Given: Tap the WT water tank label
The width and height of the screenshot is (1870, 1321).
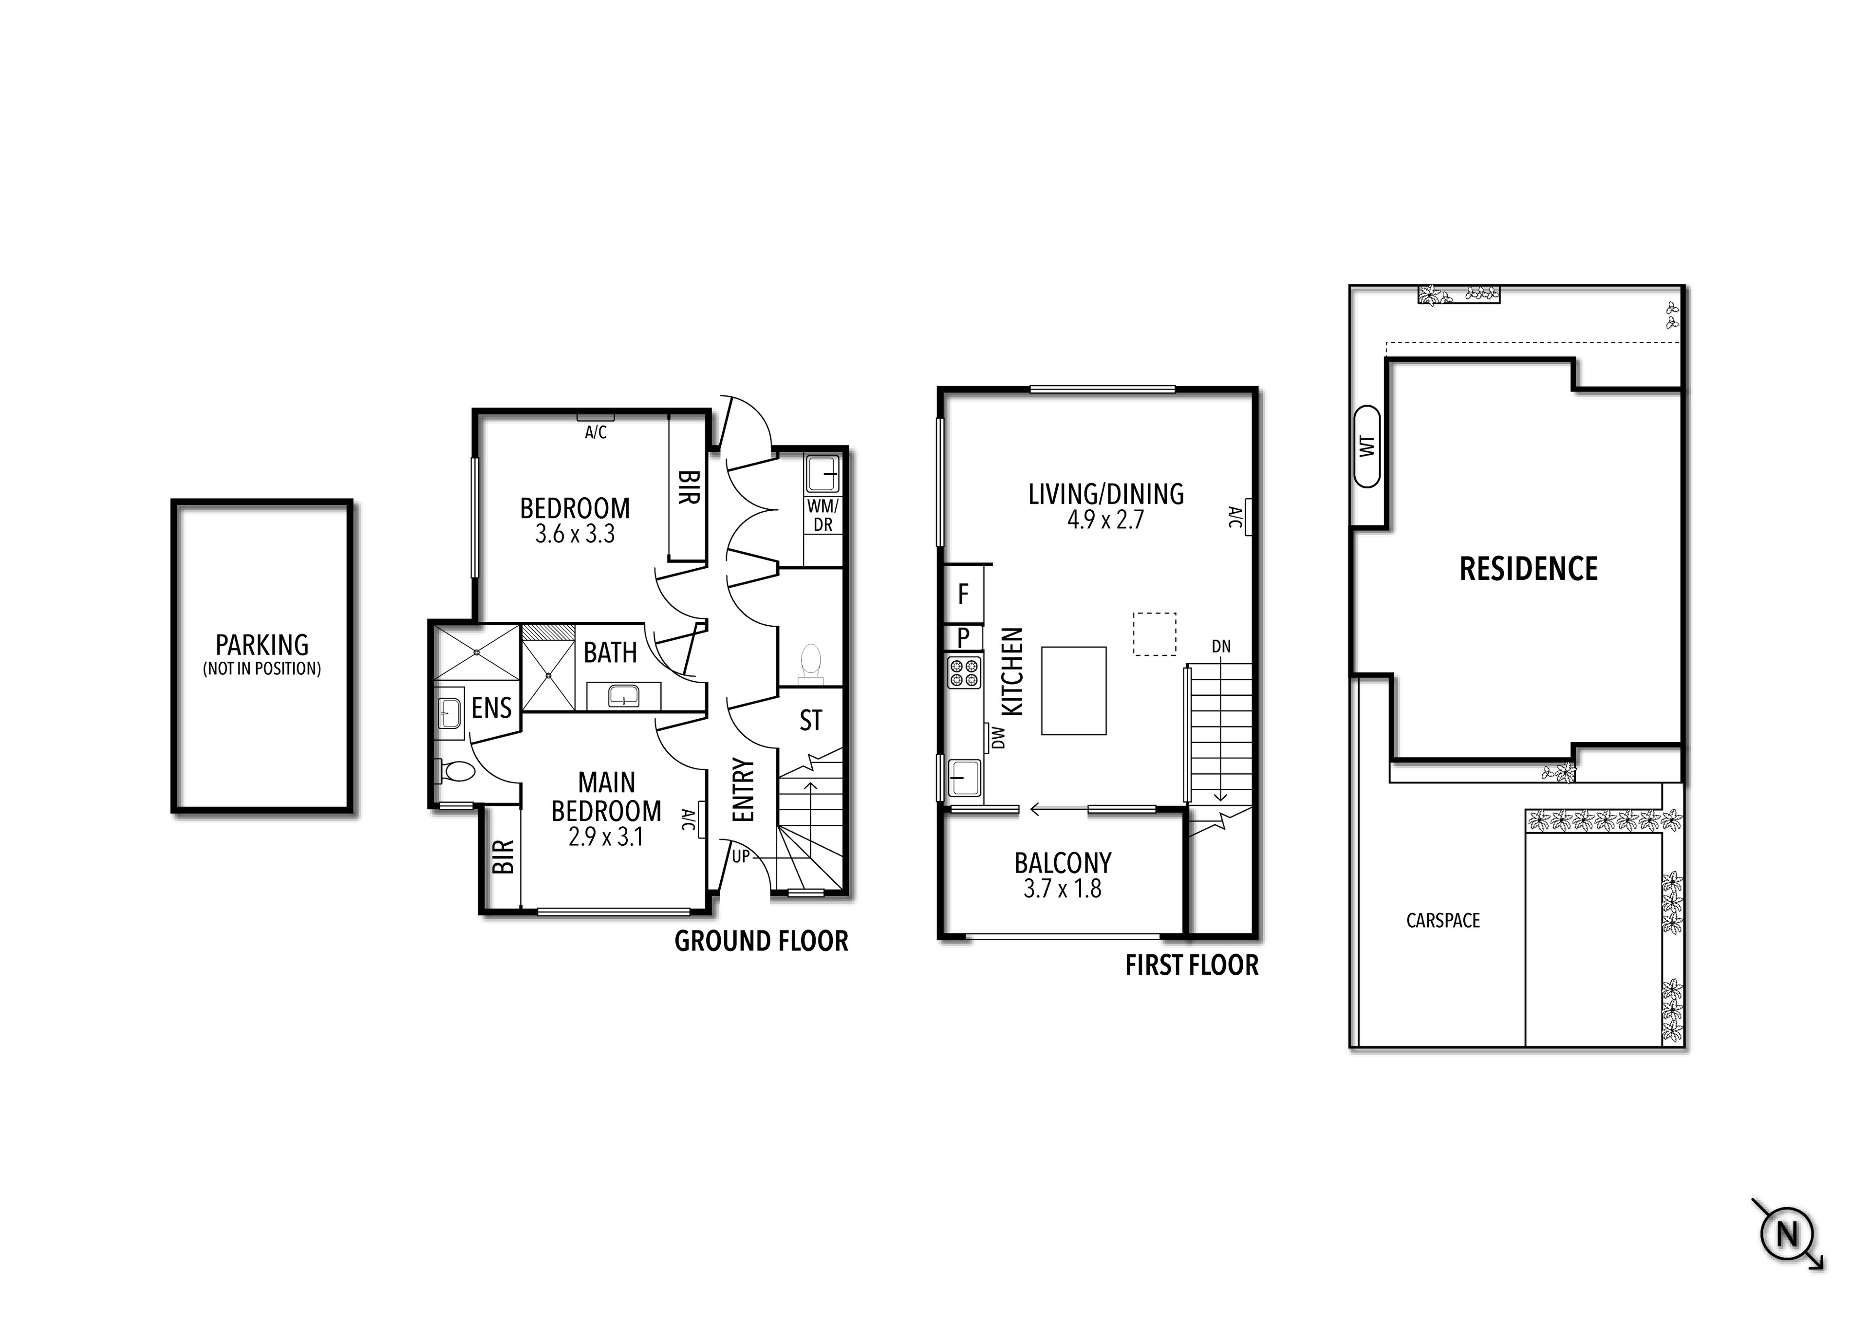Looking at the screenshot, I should (1367, 447).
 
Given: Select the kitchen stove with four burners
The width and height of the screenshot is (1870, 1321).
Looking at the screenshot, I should (964, 673).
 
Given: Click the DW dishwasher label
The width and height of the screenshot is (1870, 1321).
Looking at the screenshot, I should (998, 738).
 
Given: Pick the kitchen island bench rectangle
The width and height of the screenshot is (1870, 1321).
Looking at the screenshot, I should (1073, 690).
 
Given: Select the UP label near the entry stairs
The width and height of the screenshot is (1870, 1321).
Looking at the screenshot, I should (740, 856).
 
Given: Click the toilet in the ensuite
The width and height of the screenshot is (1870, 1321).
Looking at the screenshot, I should (457, 770).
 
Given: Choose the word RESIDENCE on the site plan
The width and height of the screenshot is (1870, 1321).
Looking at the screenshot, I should (1528, 568).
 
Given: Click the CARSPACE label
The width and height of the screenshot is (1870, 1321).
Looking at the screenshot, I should (1442, 920).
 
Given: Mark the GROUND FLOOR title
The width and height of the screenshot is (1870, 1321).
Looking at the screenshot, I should (761, 942).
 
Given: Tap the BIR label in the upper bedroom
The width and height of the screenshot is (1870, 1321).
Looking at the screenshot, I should (688, 487).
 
